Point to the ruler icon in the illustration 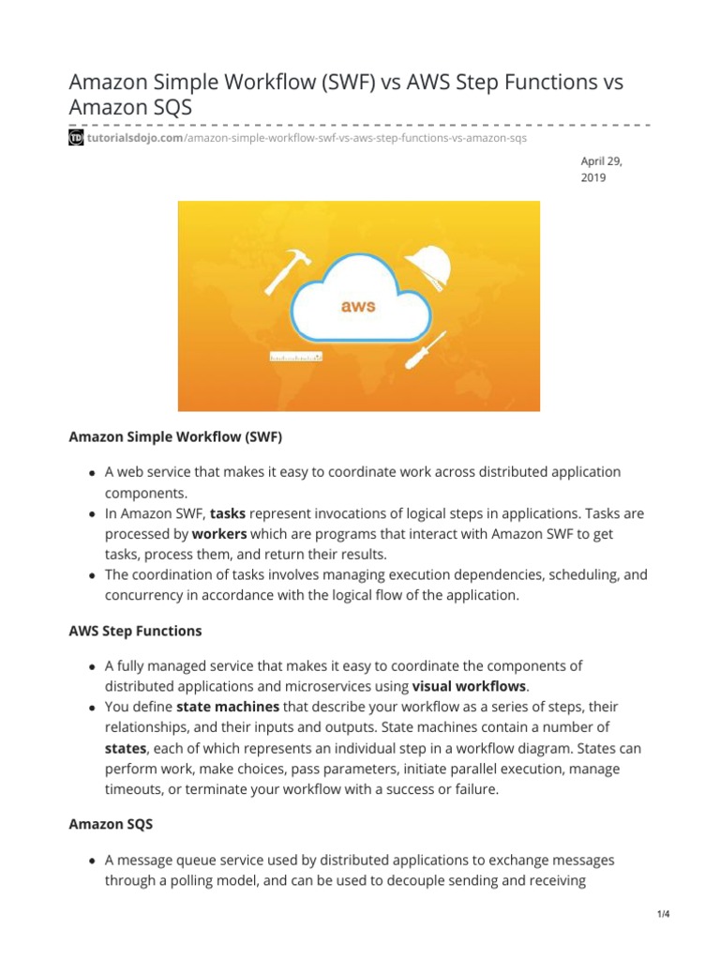coord(296,357)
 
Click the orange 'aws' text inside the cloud coord(360,306)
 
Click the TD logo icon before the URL coord(77,138)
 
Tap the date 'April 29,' coord(602,160)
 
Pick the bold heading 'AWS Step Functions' coord(135,632)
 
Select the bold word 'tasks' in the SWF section coord(228,514)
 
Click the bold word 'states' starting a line coord(126,748)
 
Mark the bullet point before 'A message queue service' coord(92,861)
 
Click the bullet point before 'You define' coord(92,708)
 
